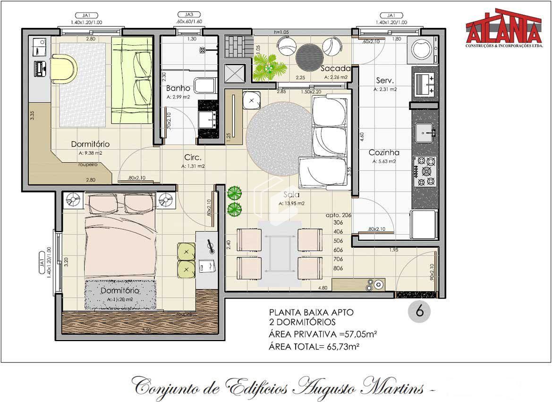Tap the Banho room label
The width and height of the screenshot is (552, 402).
point(178,88)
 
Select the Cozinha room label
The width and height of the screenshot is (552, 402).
point(384,152)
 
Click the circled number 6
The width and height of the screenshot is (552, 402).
point(419,311)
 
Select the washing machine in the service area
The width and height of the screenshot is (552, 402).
point(423,49)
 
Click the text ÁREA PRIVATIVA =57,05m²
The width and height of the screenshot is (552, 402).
point(323,335)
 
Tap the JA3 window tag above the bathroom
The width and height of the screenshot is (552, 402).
point(183,15)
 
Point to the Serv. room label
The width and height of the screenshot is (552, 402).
point(385,80)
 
